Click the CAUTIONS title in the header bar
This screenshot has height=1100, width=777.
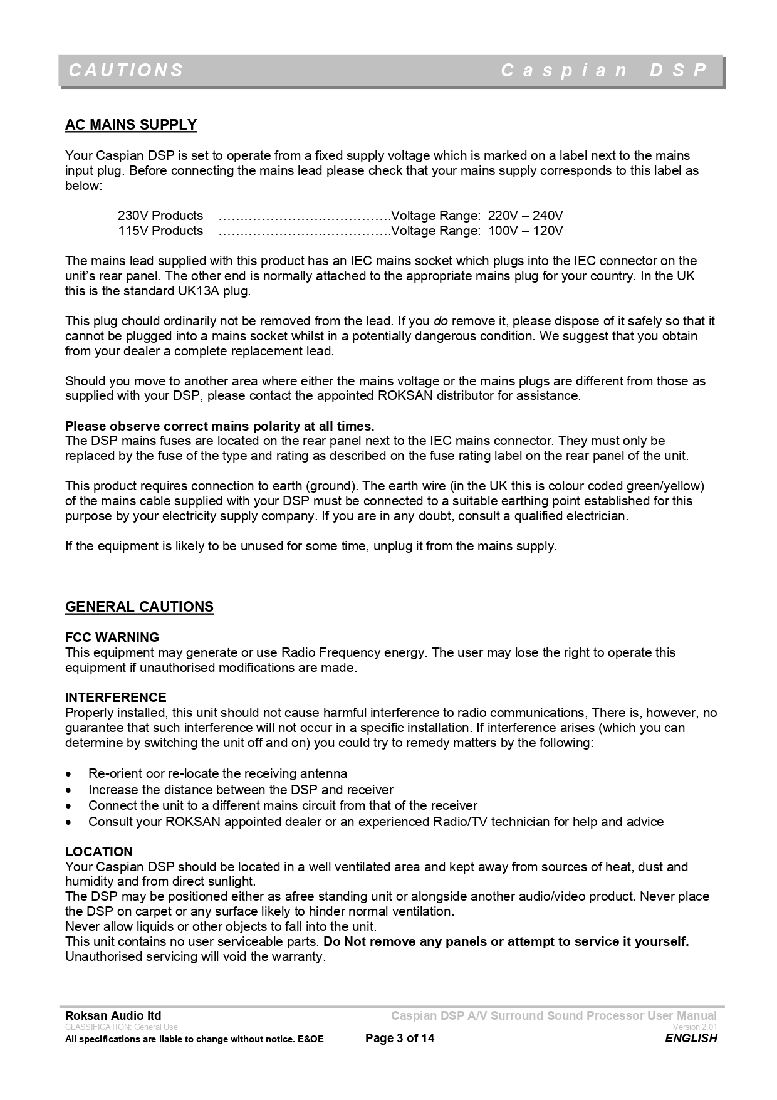tap(126, 70)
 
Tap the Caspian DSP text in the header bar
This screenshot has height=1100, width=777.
tap(604, 70)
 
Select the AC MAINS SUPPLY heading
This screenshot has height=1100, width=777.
tap(131, 125)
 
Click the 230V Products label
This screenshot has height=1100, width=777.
tap(160, 216)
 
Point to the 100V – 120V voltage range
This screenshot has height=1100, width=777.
tap(525, 231)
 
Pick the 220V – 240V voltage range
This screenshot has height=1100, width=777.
tap(525, 216)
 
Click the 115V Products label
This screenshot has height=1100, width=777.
tap(160, 231)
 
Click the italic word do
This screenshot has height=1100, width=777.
tap(441, 321)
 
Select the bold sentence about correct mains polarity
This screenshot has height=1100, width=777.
tap(219, 426)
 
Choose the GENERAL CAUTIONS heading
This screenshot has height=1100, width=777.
tap(139, 607)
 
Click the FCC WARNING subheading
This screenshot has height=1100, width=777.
tap(112, 637)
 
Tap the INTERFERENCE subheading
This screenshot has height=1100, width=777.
tap(116, 698)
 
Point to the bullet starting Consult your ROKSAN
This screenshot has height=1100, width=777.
tap(376, 822)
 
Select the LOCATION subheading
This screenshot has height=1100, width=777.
tap(99, 852)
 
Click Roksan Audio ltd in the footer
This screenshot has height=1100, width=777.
tap(113, 1015)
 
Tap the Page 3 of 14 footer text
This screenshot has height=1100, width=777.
tap(399, 1038)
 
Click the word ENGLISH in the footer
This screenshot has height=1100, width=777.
tap(691, 1038)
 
